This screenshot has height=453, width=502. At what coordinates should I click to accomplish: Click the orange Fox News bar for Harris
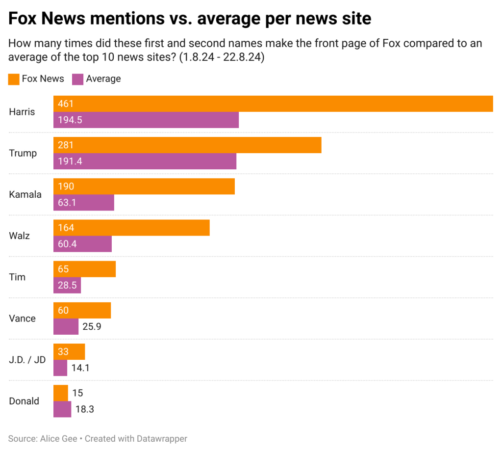[273, 104]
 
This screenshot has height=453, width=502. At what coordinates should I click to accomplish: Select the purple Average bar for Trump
[145, 161]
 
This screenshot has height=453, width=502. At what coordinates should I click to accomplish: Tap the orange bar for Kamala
[144, 187]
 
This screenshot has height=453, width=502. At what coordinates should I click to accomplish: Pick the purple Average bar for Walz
[82, 244]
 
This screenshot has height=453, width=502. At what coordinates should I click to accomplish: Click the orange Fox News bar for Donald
[61, 393]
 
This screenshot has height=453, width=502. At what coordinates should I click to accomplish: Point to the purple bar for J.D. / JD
[60, 368]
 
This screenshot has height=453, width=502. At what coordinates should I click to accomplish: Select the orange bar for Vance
[82, 310]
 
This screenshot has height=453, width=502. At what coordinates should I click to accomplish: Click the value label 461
[65, 104]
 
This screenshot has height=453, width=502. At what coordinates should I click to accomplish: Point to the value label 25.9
[92, 326]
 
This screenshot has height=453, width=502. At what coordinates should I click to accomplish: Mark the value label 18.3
[84, 409]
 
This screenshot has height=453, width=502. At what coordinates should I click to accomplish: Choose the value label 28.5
[67, 285]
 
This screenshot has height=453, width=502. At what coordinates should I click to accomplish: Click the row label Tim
[17, 277]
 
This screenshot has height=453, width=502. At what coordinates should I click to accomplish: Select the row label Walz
[20, 236]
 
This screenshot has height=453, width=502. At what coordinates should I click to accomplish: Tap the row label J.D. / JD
[27, 360]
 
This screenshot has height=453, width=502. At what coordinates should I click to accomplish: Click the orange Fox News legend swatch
[13, 79]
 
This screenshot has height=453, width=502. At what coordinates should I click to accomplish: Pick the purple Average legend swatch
[77, 79]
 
